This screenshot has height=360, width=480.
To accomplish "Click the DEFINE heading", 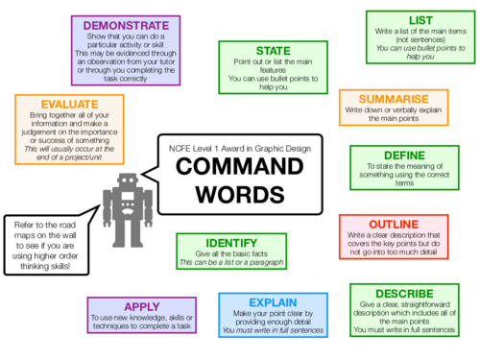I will tap(403, 156).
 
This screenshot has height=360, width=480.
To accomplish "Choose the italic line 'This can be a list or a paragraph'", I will tap(229, 262).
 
